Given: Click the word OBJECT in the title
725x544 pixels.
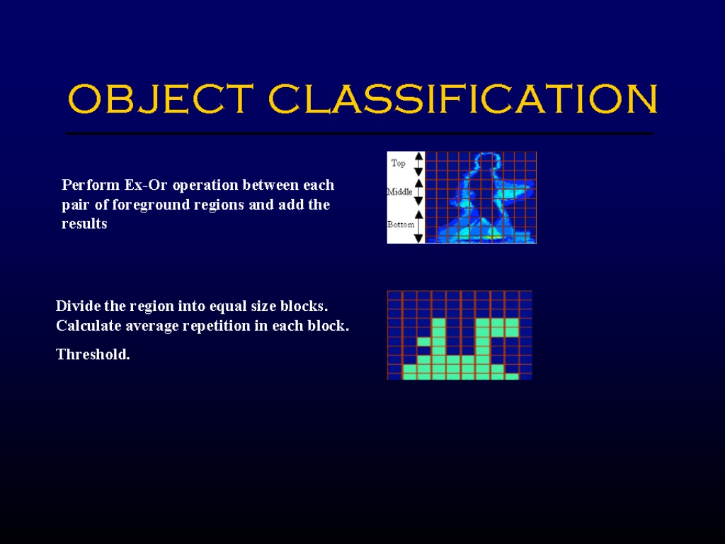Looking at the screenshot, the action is click(161, 98).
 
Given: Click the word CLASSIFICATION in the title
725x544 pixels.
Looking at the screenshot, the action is click(463, 98).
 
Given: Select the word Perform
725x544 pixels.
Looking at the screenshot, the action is click(91, 185).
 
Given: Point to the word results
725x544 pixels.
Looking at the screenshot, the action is click(84, 224).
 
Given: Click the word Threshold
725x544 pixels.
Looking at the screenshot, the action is click(93, 354).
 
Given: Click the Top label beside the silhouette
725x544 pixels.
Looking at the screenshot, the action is click(398, 163).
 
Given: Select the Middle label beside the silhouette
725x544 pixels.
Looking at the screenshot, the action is click(399, 191).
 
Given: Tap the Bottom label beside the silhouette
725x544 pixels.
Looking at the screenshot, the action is click(401, 225).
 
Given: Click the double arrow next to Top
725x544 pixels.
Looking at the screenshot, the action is click(418, 164).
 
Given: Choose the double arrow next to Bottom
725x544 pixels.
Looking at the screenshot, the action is click(418, 227).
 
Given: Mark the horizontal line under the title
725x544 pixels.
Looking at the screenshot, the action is click(359, 133).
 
